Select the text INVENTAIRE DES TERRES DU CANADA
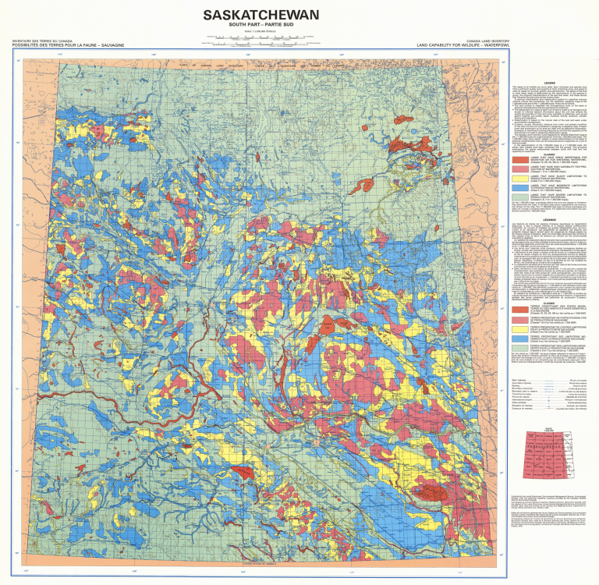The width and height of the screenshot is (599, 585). [39, 41]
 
